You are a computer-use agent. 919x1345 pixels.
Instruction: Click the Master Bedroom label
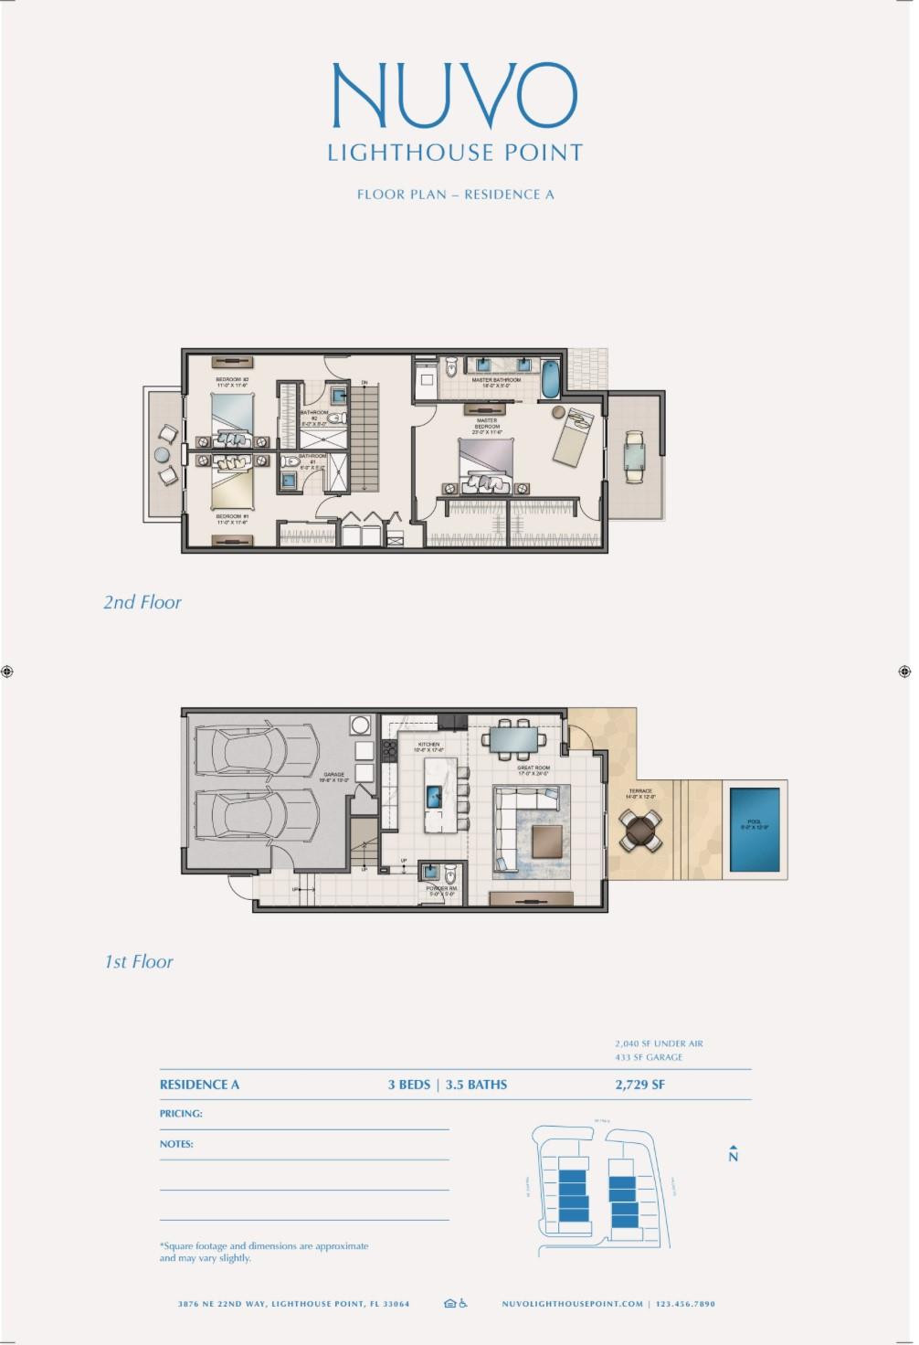tap(487, 422)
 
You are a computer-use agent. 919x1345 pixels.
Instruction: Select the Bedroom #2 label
tap(232, 381)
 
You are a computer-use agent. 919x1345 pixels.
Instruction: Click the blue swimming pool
tap(755, 831)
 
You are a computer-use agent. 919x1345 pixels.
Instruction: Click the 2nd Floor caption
tap(142, 602)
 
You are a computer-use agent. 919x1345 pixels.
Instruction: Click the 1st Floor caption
tap(138, 962)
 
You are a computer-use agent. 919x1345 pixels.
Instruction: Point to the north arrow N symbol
tap(733, 1154)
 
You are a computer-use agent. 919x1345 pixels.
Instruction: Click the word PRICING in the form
tap(181, 1114)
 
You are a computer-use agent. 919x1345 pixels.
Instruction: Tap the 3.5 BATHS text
tap(476, 1085)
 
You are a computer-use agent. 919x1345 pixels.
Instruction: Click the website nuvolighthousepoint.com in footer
tap(573, 1304)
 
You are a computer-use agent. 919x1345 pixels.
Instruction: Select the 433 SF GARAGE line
tap(649, 1057)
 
